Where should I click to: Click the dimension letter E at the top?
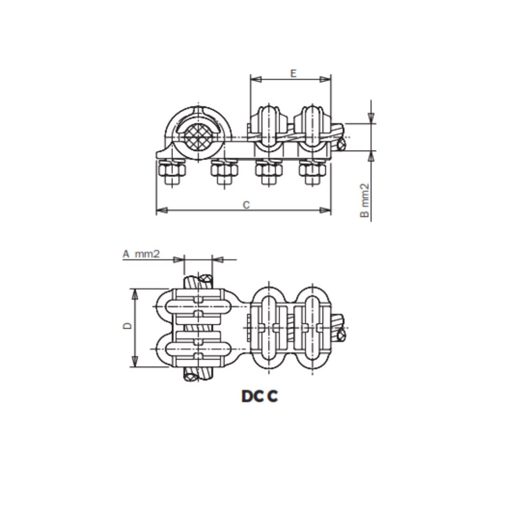coord(293,73)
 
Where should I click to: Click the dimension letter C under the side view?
coord(246,205)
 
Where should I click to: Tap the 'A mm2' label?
coord(141,254)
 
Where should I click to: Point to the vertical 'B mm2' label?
coord(364,200)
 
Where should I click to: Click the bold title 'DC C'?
coord(259,396)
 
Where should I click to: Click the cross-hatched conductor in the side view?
coord(199,136)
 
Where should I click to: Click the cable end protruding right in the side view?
coord(341,143)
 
